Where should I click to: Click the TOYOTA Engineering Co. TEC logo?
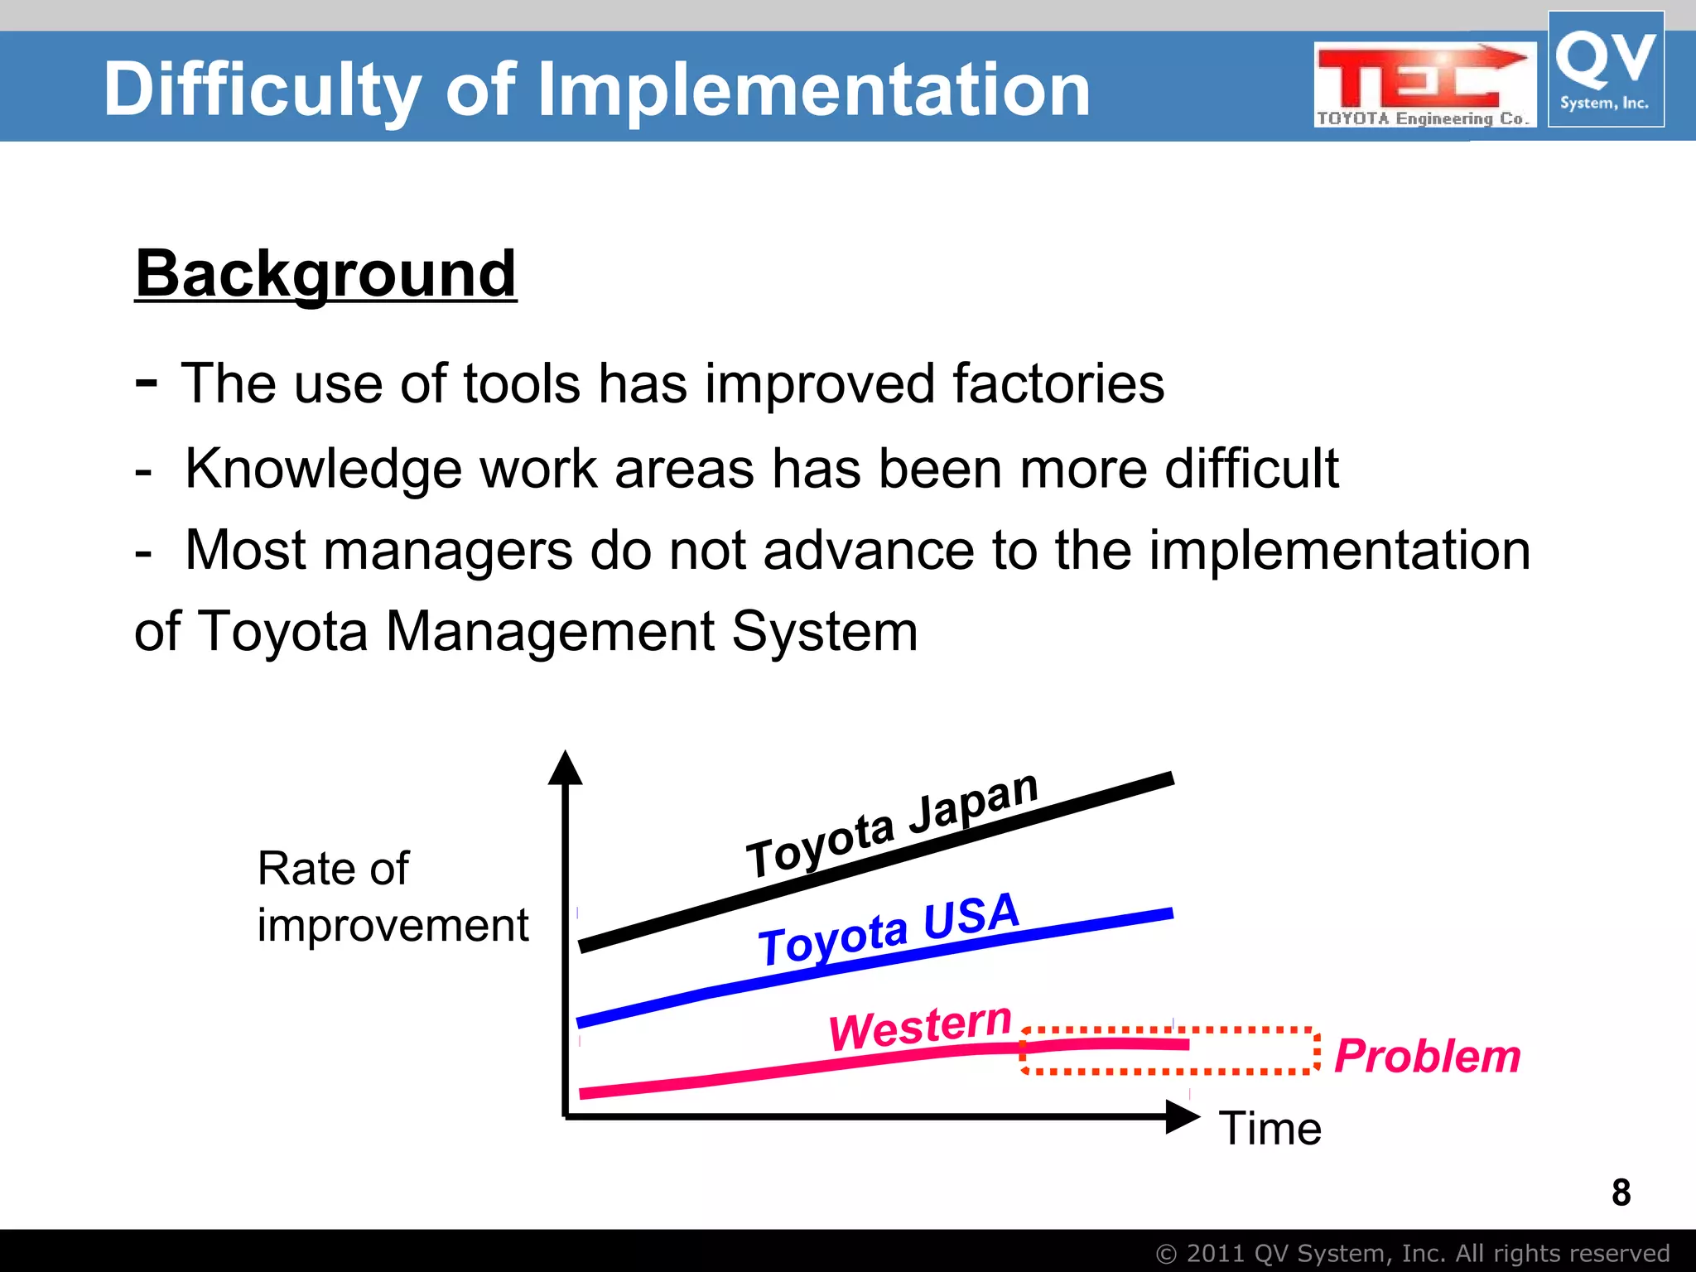pos(1424,85)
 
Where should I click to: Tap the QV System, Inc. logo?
pos(1605,70)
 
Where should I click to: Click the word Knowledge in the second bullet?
pos(323,469)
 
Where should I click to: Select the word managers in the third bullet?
pos(447,550)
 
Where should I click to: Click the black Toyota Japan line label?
pos(891,825)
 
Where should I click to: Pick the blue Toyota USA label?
pos(888,929)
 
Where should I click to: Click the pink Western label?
pos(919,1027)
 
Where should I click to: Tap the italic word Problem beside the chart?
pos(1428,1056)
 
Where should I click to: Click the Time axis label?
pos(1270,1129)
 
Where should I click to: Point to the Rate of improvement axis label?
pos(391,897)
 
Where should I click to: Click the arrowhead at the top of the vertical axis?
pos(566,768)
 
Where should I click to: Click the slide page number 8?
pos(1621,1192)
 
